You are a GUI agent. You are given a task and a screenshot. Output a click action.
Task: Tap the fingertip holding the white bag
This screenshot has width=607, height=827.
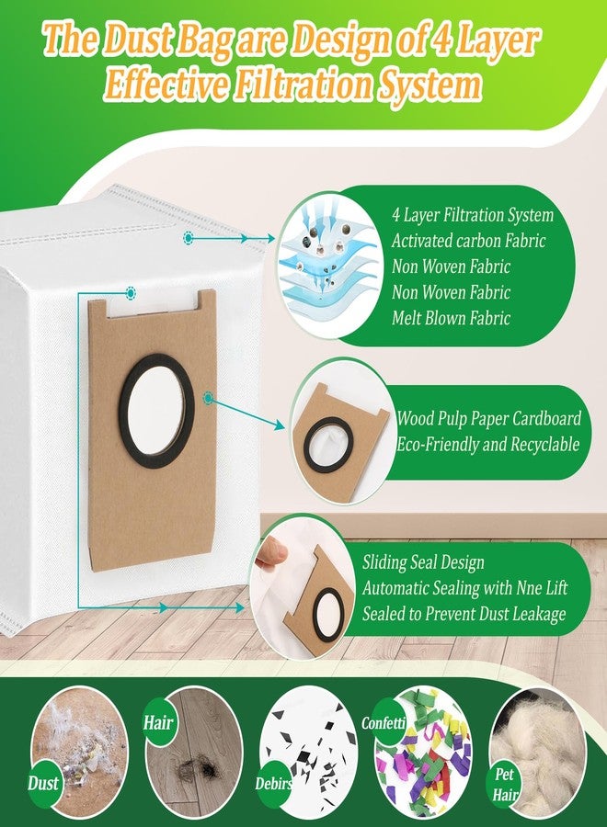pyautogui.click(x=272, y=554)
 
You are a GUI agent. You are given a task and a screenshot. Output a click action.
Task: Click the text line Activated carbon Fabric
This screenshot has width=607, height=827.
pyautogui.click(x=468, y=241)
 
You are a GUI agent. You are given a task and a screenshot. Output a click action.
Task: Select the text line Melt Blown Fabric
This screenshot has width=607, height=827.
pyautogui.click(x=451, y=318)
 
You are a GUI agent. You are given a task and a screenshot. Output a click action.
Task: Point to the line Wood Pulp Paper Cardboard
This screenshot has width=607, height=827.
pyautogui.click(x=488, y=418)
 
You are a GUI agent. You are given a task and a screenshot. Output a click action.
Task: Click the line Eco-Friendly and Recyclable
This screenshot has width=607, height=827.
pyautogui.click(x=487, y=444)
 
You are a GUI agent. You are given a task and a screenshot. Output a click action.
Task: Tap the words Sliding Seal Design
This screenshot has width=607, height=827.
pyautogui.click(x=423, y=562)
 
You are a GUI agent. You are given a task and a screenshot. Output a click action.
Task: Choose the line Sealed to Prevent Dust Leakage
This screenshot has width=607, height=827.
pyautogui.click(x=464, y=614)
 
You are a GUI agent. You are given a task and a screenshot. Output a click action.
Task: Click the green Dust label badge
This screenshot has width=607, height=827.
pyautogui.click(x=42, y=783)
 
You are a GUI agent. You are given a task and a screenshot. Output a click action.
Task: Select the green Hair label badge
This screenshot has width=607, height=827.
pyautogui.click(x=158, y=722)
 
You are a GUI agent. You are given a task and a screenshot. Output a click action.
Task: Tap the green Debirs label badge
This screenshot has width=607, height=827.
pyautogui.click(x=273, y=783)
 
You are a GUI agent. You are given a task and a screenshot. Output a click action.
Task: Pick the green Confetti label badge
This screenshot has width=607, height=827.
pyautogui.click(x=384, y=722)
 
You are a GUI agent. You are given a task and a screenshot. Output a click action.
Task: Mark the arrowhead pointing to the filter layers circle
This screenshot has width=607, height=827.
pyautogui.click(x=269, y=238)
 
